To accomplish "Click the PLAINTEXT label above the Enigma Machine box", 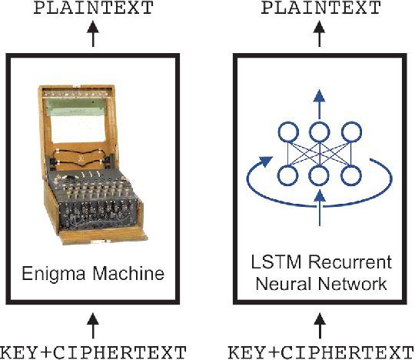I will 93,10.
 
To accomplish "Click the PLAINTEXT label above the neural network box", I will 321,10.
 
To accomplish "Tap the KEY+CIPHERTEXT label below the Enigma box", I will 93,352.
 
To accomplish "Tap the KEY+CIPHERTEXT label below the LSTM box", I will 321,352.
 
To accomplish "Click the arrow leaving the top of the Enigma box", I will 93,35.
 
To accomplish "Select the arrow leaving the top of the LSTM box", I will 321,35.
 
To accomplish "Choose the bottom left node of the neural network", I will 287,176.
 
